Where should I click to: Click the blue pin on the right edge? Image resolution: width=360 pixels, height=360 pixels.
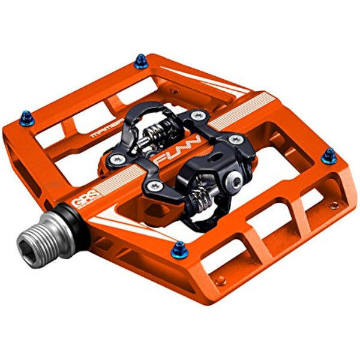[328, 156]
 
